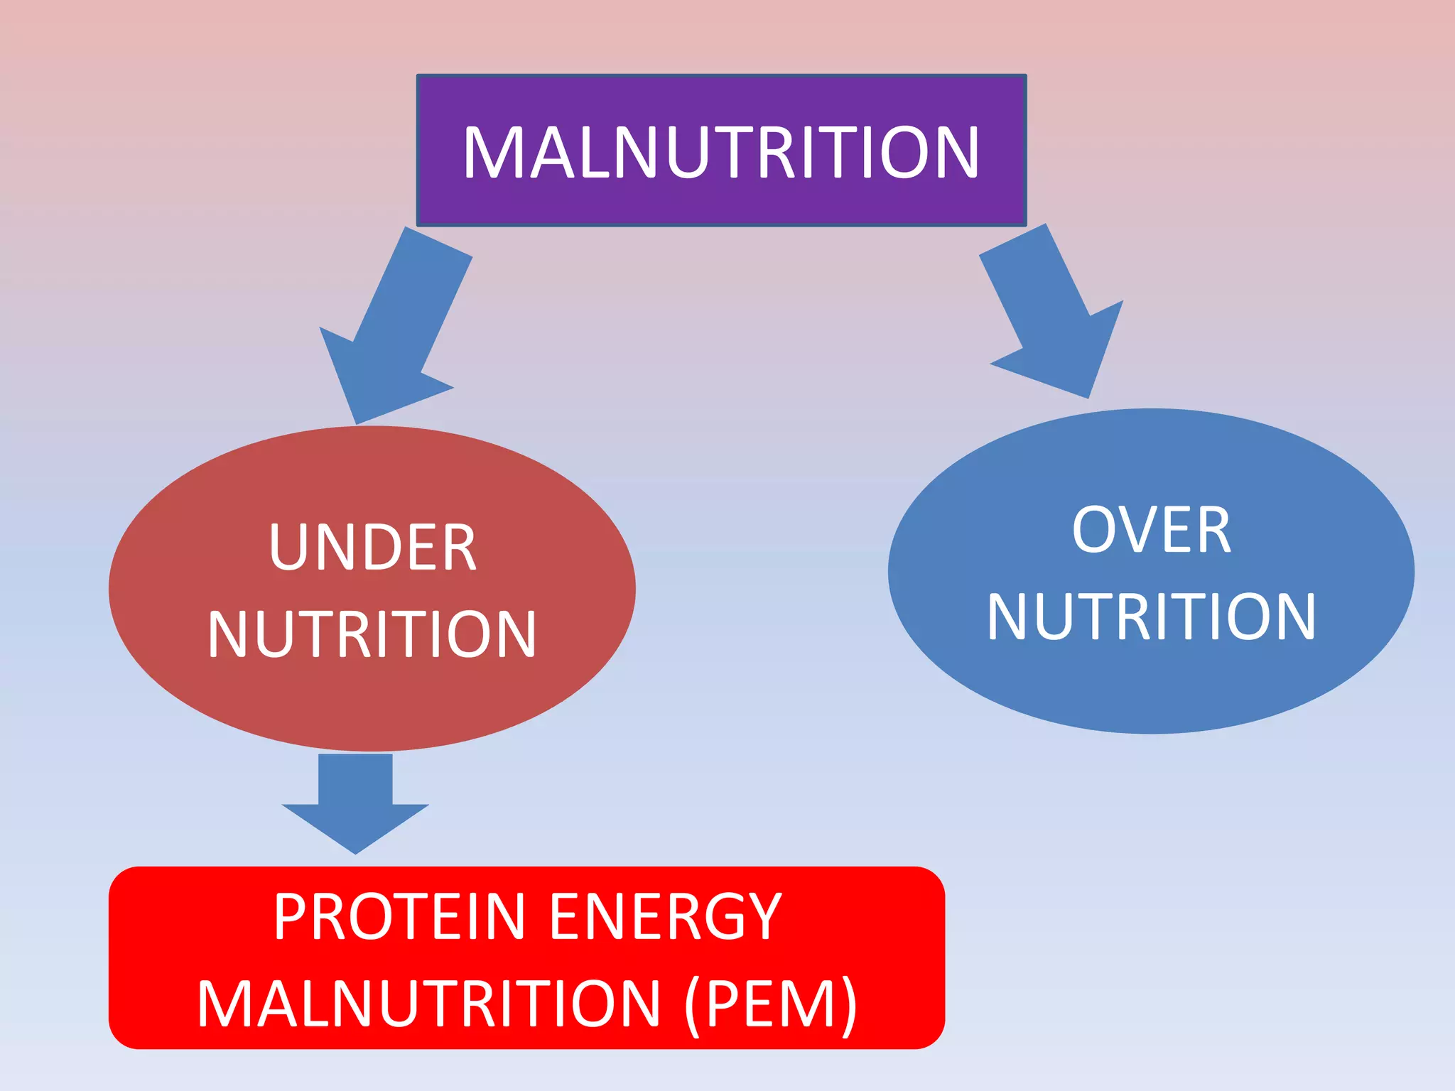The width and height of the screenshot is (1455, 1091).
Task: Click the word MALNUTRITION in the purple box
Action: point(721,152)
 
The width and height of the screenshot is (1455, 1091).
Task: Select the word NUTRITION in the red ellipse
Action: point(372,634)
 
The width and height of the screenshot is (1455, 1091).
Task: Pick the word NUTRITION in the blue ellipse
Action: point(1151,617)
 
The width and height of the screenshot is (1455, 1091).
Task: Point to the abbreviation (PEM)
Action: point(770,1004)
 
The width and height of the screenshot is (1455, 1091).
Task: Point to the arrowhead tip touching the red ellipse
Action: point(356,423)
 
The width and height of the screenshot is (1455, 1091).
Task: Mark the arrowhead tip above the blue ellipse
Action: point(1088,396)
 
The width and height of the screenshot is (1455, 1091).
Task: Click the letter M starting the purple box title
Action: point(490,152)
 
